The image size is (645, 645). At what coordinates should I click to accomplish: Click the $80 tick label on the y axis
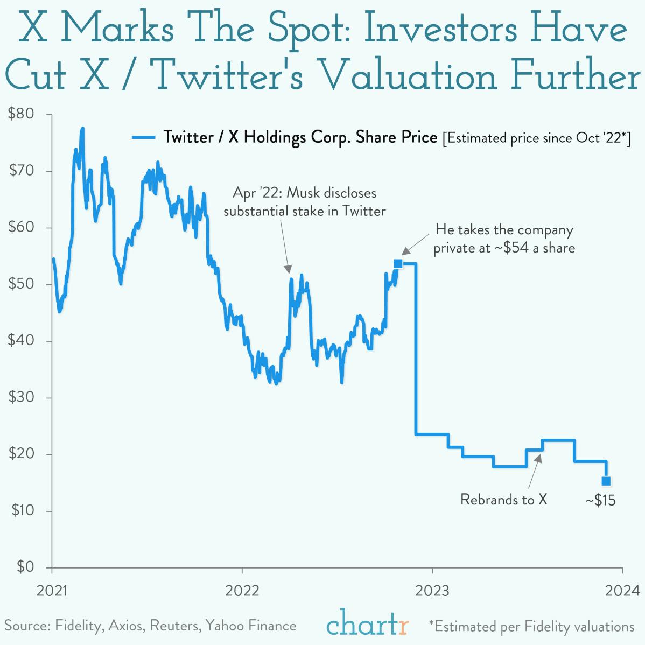tap(21, 114)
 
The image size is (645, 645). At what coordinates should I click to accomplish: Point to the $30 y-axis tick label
tap(21, 397)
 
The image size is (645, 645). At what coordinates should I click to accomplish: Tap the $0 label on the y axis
tap(25, 566)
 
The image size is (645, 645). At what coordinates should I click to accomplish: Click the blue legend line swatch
tap(144, 138)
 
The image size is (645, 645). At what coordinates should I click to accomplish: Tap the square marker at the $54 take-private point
tap(398, 263)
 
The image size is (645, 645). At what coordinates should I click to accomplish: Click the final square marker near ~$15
tap(606, 481)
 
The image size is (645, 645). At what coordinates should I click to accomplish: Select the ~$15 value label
tap(600, 500)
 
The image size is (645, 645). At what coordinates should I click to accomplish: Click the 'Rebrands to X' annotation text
tap(503, 500)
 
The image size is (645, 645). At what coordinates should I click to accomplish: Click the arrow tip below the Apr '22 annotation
tap(288, 270)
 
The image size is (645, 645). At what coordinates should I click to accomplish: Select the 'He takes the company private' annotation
tap(504, 239)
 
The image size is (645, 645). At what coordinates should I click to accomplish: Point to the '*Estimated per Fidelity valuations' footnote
tap(531, 627)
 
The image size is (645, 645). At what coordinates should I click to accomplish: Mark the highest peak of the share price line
tap(82, 129)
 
